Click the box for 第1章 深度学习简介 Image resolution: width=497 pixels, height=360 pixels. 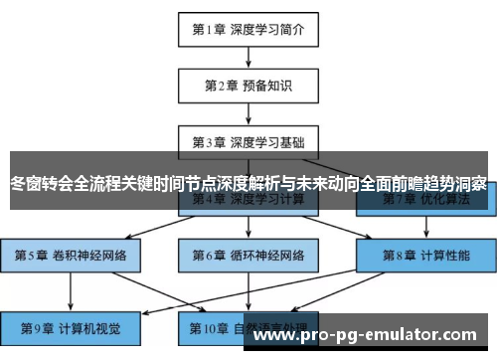click(248, 30)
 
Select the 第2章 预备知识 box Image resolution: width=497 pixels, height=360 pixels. click(248, 86)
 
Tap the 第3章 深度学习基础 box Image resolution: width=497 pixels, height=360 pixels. click(248, 142)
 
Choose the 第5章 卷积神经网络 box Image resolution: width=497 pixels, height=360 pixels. click(71, 255)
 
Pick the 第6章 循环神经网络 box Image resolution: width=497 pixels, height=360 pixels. click(248, 255)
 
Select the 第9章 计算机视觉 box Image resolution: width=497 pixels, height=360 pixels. click(71, 326)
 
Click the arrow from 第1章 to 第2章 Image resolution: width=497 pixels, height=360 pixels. click(248, 58)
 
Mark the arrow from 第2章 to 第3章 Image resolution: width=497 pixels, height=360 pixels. click(248, 113)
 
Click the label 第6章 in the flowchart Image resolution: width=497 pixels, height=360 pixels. click(208, 255)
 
